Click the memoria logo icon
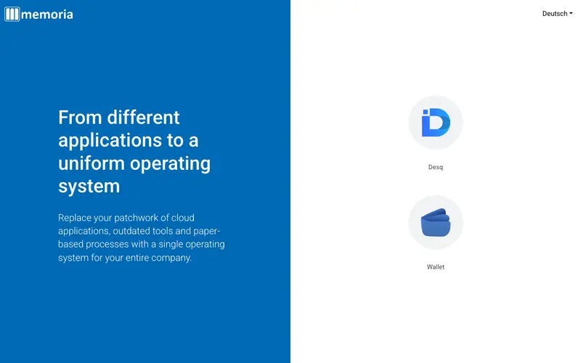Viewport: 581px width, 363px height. coord(12,14)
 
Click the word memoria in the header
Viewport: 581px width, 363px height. coord(47,15)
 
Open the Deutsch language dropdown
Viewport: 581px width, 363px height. coord(557,14)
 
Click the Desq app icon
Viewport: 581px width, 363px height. coord(435,122)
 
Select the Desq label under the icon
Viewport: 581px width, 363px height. coord(435,167)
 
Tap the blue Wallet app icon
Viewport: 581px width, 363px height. coord(435,222)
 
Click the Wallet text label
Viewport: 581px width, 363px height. coord(435,266)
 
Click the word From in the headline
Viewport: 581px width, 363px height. coord(80,118)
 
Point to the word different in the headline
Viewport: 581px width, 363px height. coord(143,118)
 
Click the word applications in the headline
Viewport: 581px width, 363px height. coord(110,141)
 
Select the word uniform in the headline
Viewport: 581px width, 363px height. coord(92,163)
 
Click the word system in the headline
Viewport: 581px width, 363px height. coord(89,187)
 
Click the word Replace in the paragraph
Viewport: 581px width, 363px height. coord(75,218)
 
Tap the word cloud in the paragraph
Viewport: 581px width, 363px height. coord(183,217)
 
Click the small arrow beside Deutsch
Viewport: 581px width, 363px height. coord(571,14)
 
